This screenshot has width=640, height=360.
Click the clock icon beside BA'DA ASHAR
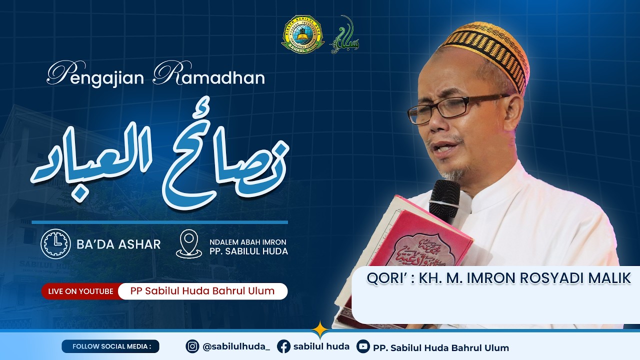coord(55,243)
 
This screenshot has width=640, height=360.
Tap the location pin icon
coord(188,244)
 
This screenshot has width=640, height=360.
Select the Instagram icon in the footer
coord(192,346)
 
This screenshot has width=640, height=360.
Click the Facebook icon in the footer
coord(283,346)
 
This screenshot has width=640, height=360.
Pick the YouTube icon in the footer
coord(363,346)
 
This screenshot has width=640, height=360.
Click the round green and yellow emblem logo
coord(302,34)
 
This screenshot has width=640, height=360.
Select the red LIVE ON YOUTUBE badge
coord(80,291)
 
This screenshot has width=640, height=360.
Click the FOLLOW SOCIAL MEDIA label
coord(110,346)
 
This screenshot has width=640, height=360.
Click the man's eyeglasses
coord(450,107)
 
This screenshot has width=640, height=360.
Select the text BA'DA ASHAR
coord(118,244)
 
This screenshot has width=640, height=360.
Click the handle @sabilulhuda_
coord(236,347)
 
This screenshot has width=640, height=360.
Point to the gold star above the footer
coord(319,329)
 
